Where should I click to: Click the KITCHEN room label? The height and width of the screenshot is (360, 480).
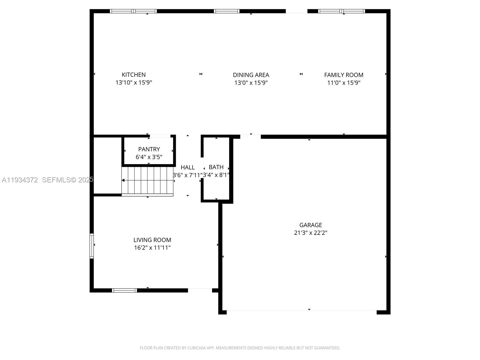[x=133, y=75]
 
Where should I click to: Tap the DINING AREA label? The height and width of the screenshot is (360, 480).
[x=251, y=75]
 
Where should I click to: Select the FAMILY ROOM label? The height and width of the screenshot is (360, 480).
[x=343, y=75]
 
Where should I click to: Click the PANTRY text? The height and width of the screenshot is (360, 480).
[x=149, y=149]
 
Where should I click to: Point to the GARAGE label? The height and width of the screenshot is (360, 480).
[x=310, y=225]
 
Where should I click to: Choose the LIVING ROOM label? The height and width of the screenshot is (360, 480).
[x=152, y=240]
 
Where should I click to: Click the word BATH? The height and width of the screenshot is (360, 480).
[x=216, y=167]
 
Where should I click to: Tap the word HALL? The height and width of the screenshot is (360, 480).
[x=187, y=167]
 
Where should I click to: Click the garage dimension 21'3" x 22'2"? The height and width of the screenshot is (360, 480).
[x=310, y=233]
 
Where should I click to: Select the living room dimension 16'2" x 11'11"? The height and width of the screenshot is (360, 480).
[x=152, y=248]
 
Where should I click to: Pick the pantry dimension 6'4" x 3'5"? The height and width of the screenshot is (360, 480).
[x=149, y=157]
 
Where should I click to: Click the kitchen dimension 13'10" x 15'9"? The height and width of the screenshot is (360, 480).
[x=133, y=82]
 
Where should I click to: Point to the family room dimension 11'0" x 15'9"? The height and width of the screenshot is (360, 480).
[x=343, y=83]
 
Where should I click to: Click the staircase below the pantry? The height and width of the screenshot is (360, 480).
[x=147, y=181]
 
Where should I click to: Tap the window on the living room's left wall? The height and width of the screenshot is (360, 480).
[x=92, y=246]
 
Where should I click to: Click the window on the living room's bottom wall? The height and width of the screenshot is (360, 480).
[x=124, y=290]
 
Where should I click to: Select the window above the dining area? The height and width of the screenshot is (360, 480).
[x=226, y=11]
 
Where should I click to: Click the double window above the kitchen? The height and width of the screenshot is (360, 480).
[x=133, y=11]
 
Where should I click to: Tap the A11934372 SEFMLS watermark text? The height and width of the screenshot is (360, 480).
[x=47, y=180]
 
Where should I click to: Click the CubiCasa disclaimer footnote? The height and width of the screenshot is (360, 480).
[x=240, y=348]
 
